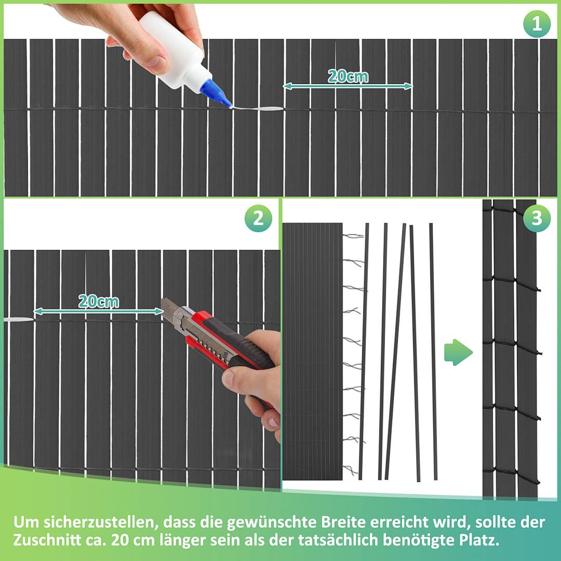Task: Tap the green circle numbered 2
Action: click(258, 219)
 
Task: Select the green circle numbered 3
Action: click(537, 219)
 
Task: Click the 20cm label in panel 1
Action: click(348, 76)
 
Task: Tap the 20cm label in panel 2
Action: click(98, 301)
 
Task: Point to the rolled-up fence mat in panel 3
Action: click(312, 351)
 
